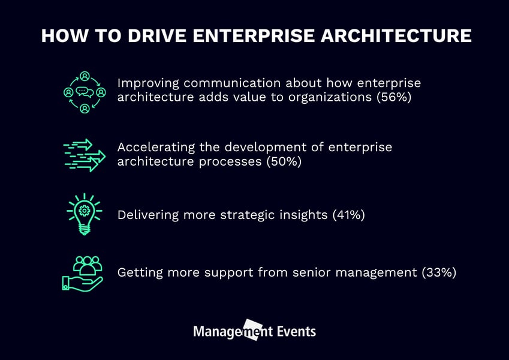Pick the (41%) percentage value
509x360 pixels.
click(x=348, y=214)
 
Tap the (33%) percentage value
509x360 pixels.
click(x=439, y=272)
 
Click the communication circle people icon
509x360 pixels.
click(x=85, y=92)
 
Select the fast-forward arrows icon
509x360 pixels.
click(x=84, y=155)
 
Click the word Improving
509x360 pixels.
click(x=146, y=83)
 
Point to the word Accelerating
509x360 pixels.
click(x=152, y=147)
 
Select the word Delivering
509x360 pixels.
click(x=145, y=214)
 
